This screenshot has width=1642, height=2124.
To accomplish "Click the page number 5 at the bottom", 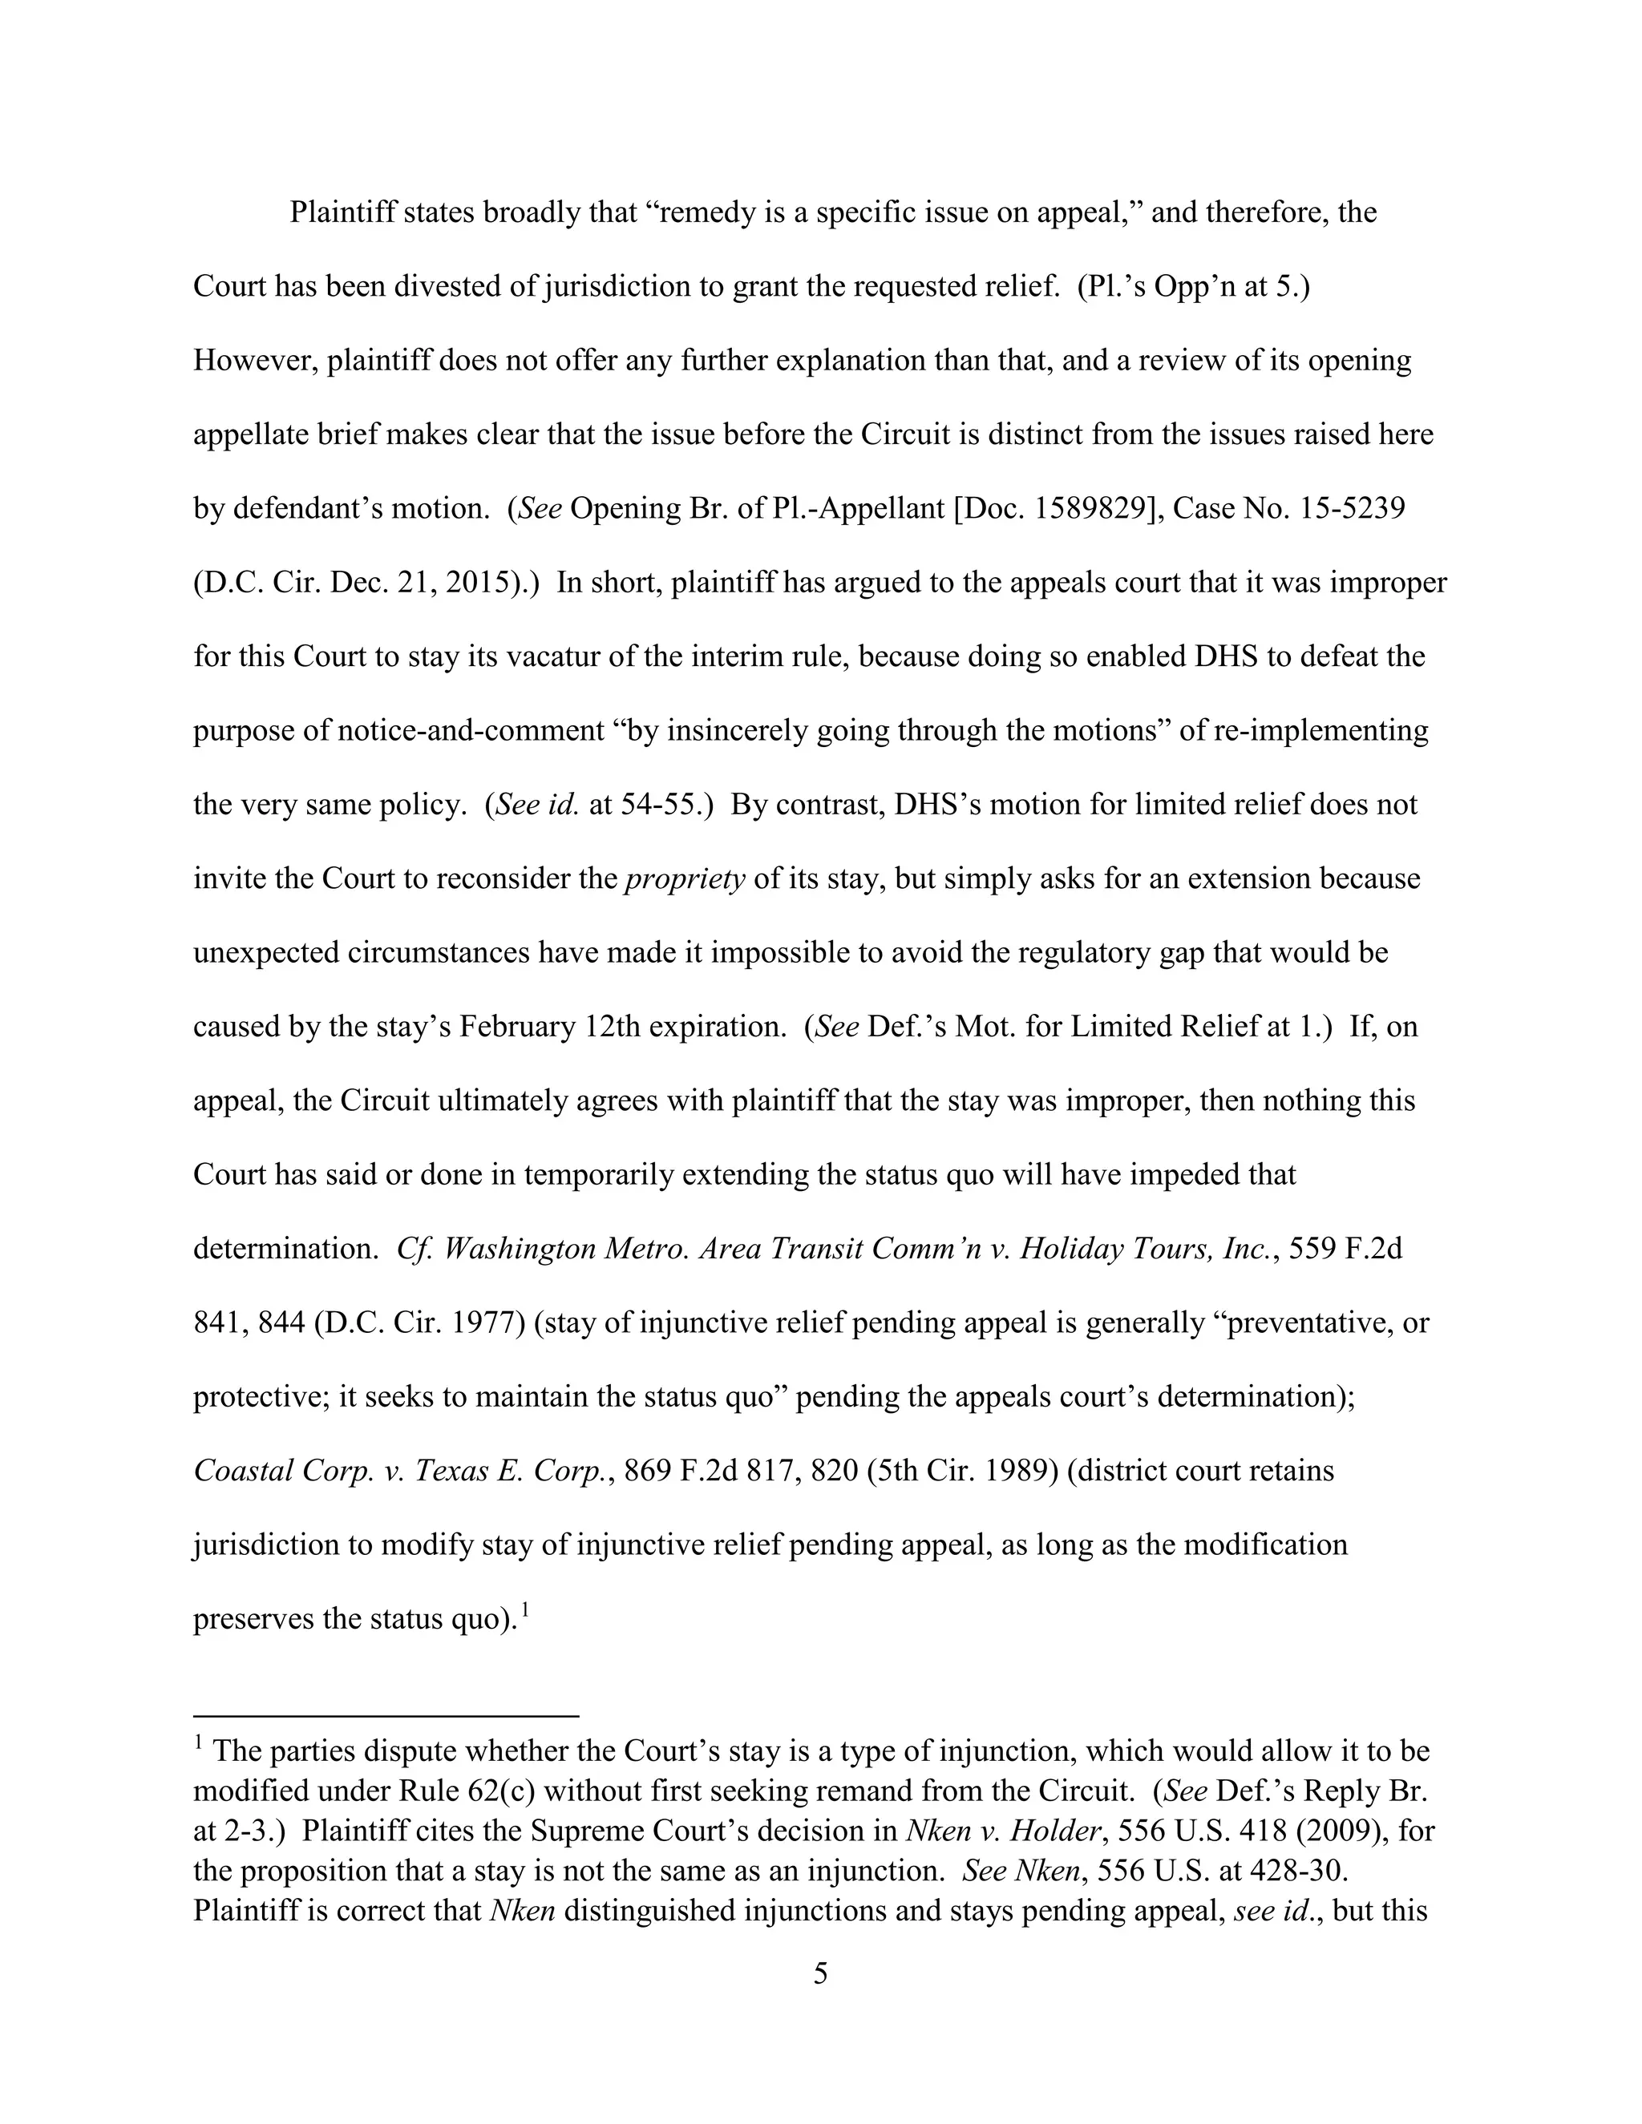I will (820, 1973).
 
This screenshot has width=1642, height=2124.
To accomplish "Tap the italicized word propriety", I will (685, 878).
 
